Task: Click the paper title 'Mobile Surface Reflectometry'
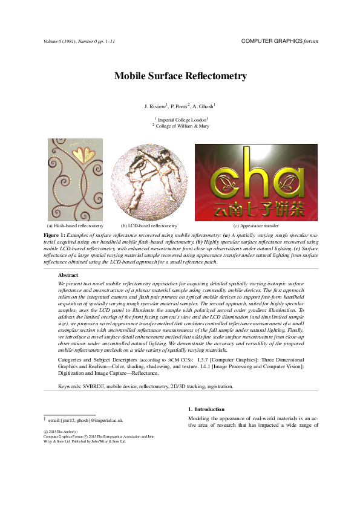coord(180,76)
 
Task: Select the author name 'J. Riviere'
coord(155,106)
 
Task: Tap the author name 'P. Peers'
coord(180,106)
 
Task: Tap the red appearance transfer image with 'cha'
coord(255,182)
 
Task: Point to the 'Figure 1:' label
coord(56,234)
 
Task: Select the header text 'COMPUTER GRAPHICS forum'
coord(279,41)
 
